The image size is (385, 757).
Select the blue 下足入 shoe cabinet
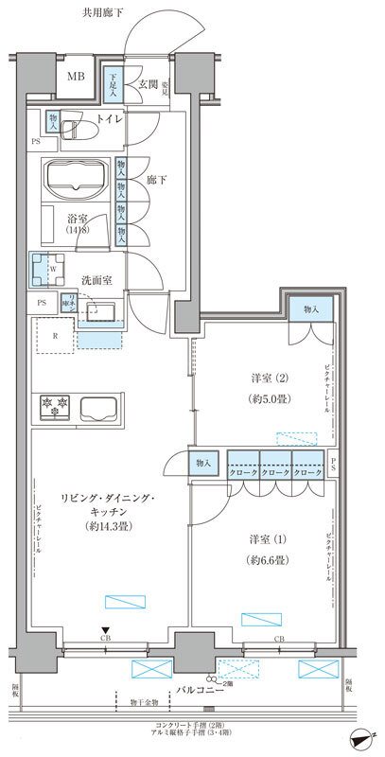pyautogui.click(x=113, y=85)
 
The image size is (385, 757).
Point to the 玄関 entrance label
pyautogui.click(x=149, y=85)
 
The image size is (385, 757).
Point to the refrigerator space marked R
pyautogui.click(x=55, y=335)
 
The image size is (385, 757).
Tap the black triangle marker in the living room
pyautogui.click(x=107, y=630)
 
